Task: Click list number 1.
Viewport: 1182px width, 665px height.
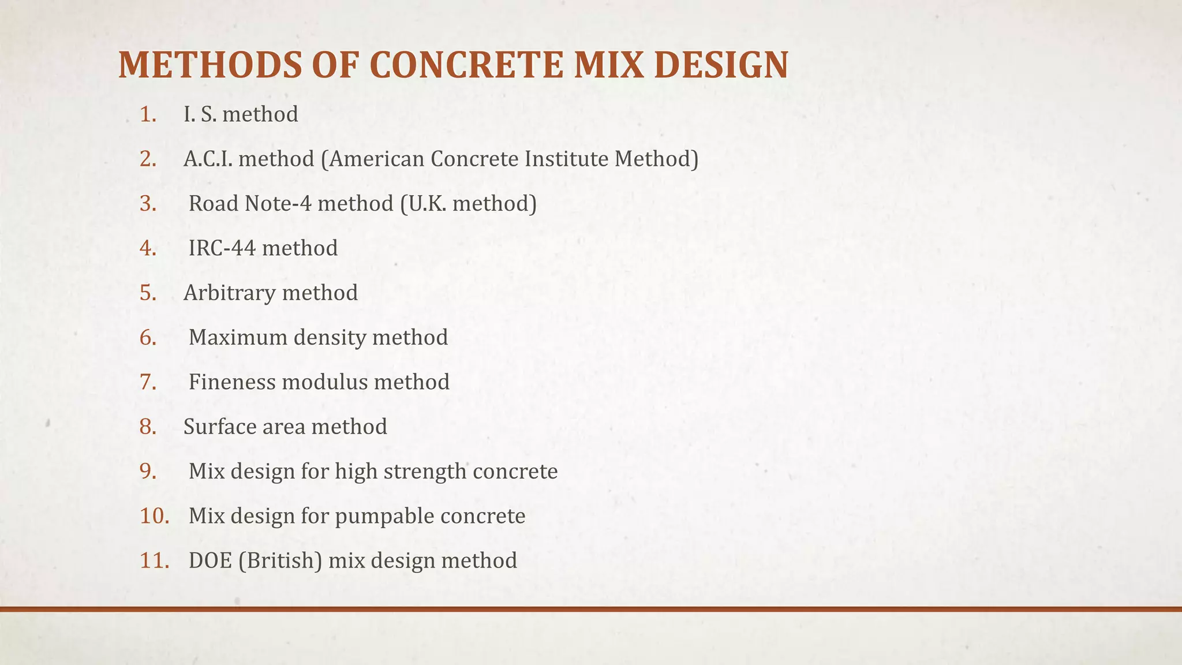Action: (x=148, y=114)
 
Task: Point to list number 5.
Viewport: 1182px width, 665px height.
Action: (x=148, y=293)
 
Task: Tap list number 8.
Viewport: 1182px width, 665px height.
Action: (x=148, y=427)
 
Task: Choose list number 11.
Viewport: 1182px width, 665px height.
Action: (x=154, y=561)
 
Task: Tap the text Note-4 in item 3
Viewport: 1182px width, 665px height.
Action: (x=278, y=203)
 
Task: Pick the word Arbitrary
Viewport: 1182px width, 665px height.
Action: (x=229, y=293)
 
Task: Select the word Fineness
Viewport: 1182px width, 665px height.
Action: (x=232, y=382)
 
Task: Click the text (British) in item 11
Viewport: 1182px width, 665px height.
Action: (x=280, y=561)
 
